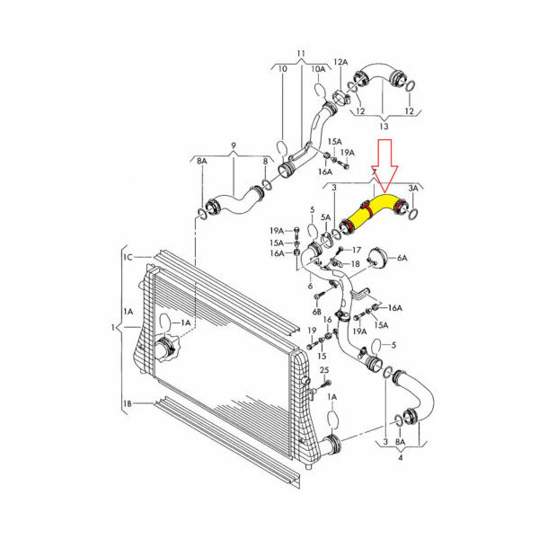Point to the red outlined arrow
tap(385, 165)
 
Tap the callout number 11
tap(301, 54)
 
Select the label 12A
tap(340, 62)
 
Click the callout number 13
tap(384, 126)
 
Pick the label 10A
tap(318, 69)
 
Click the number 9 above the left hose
tap(234, 146)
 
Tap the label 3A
tap(413, 188)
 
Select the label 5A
tap(325, 217)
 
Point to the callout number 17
tap(357, 250)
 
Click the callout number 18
tap(355, 263)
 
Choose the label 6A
tap(402, 258)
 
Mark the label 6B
tap(316, 312)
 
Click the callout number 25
tap(324, 370)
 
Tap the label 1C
tap(128, 257)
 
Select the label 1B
tap(128, 403)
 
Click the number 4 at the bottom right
tap(400, 457)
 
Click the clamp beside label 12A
tap(341, 97)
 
